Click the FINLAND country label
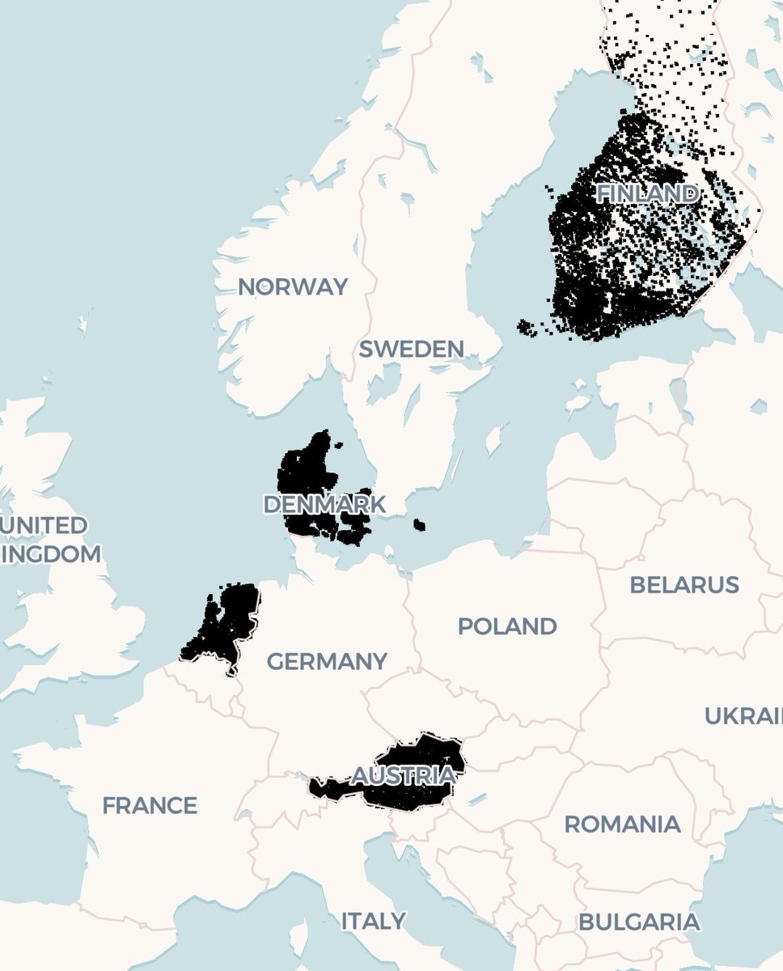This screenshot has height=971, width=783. pos(646,193)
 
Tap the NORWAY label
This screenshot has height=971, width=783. pos(293,286)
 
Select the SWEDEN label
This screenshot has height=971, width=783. pos(412,350)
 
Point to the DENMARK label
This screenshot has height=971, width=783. pos(324,504)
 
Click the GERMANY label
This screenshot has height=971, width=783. pos(327,661)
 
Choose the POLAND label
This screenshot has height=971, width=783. pos(507,625)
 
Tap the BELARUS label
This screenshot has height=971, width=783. pos(684,584)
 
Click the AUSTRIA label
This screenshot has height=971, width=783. pos(403,774)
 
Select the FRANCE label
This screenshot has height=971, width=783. pos(150,805)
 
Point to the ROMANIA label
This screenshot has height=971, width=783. pos(622,825)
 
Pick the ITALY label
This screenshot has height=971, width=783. pos(373,921)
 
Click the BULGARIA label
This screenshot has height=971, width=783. pos(639,922)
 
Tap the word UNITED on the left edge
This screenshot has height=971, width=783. pos(44,526)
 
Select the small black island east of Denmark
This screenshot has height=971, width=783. pos(419,525)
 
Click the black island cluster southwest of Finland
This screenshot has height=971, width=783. pos(530,328)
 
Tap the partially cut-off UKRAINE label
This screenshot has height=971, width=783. pos(743,716)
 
